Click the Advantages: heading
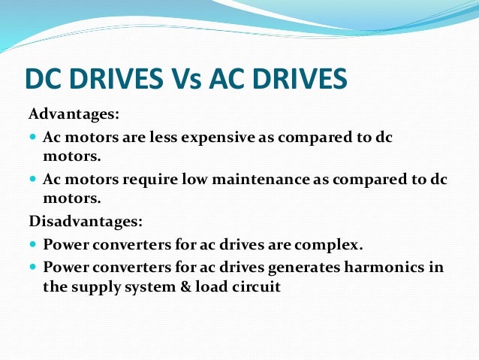pyautogui.click(x=74, y=116)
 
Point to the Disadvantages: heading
pyautogui.click(x=85, y=222)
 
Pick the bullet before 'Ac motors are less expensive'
pyautogui.click(x=33, y=138)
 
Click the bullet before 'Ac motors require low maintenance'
pyautogui.click(x=33, y=180)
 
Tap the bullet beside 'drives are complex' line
pyautogui.click(x=33, y=245)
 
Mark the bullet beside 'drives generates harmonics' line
pyautogui.click(x=33, y=267)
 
